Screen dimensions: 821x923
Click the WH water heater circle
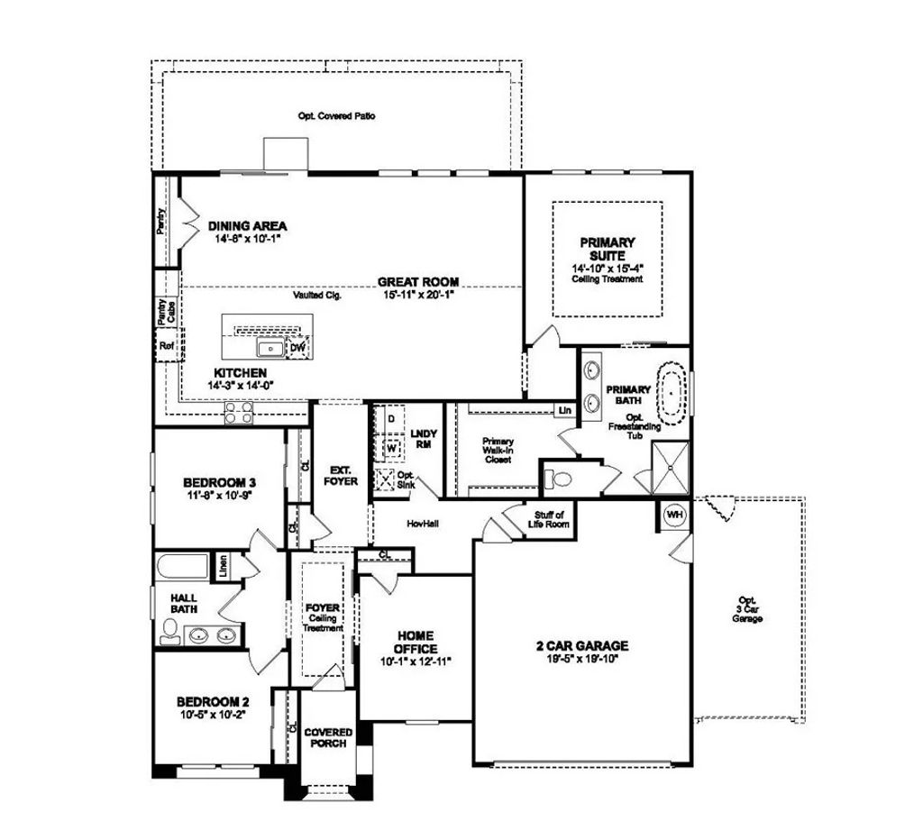coord(674,514)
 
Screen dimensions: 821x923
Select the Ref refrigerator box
coord(166,346)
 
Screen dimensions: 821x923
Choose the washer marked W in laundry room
coord(392,446)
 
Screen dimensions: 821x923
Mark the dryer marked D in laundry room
coord(391,419)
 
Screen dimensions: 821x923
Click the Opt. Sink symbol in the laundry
coord(385,480)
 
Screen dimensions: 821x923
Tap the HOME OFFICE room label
coord(416,642)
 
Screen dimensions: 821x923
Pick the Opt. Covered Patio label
coord(336,116)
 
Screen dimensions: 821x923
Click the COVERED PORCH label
coord(328,738)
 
